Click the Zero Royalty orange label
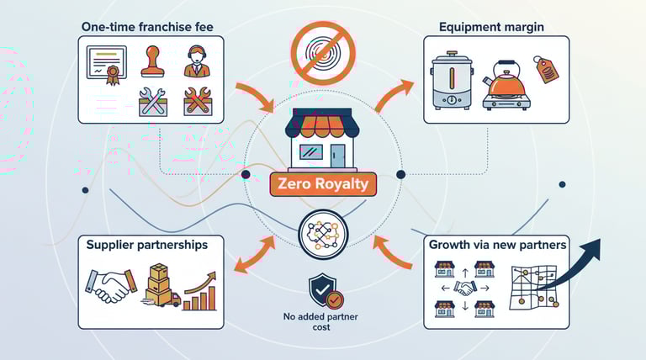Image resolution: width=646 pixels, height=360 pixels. pos(323,183)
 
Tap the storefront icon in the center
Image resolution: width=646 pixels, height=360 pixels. pos(323,141)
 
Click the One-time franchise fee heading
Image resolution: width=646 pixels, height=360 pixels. pos(147,27)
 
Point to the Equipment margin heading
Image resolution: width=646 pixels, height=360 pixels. pos(491,27)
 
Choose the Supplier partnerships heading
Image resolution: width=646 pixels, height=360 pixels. pos(147,245)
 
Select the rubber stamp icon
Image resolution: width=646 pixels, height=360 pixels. pos(151,63)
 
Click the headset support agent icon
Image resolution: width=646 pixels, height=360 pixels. pos(196,63)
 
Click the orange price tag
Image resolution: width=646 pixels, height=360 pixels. pos(547,71)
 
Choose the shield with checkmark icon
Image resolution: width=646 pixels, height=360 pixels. pos(323,289)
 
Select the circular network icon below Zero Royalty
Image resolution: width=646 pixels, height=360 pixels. pos(323,234)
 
